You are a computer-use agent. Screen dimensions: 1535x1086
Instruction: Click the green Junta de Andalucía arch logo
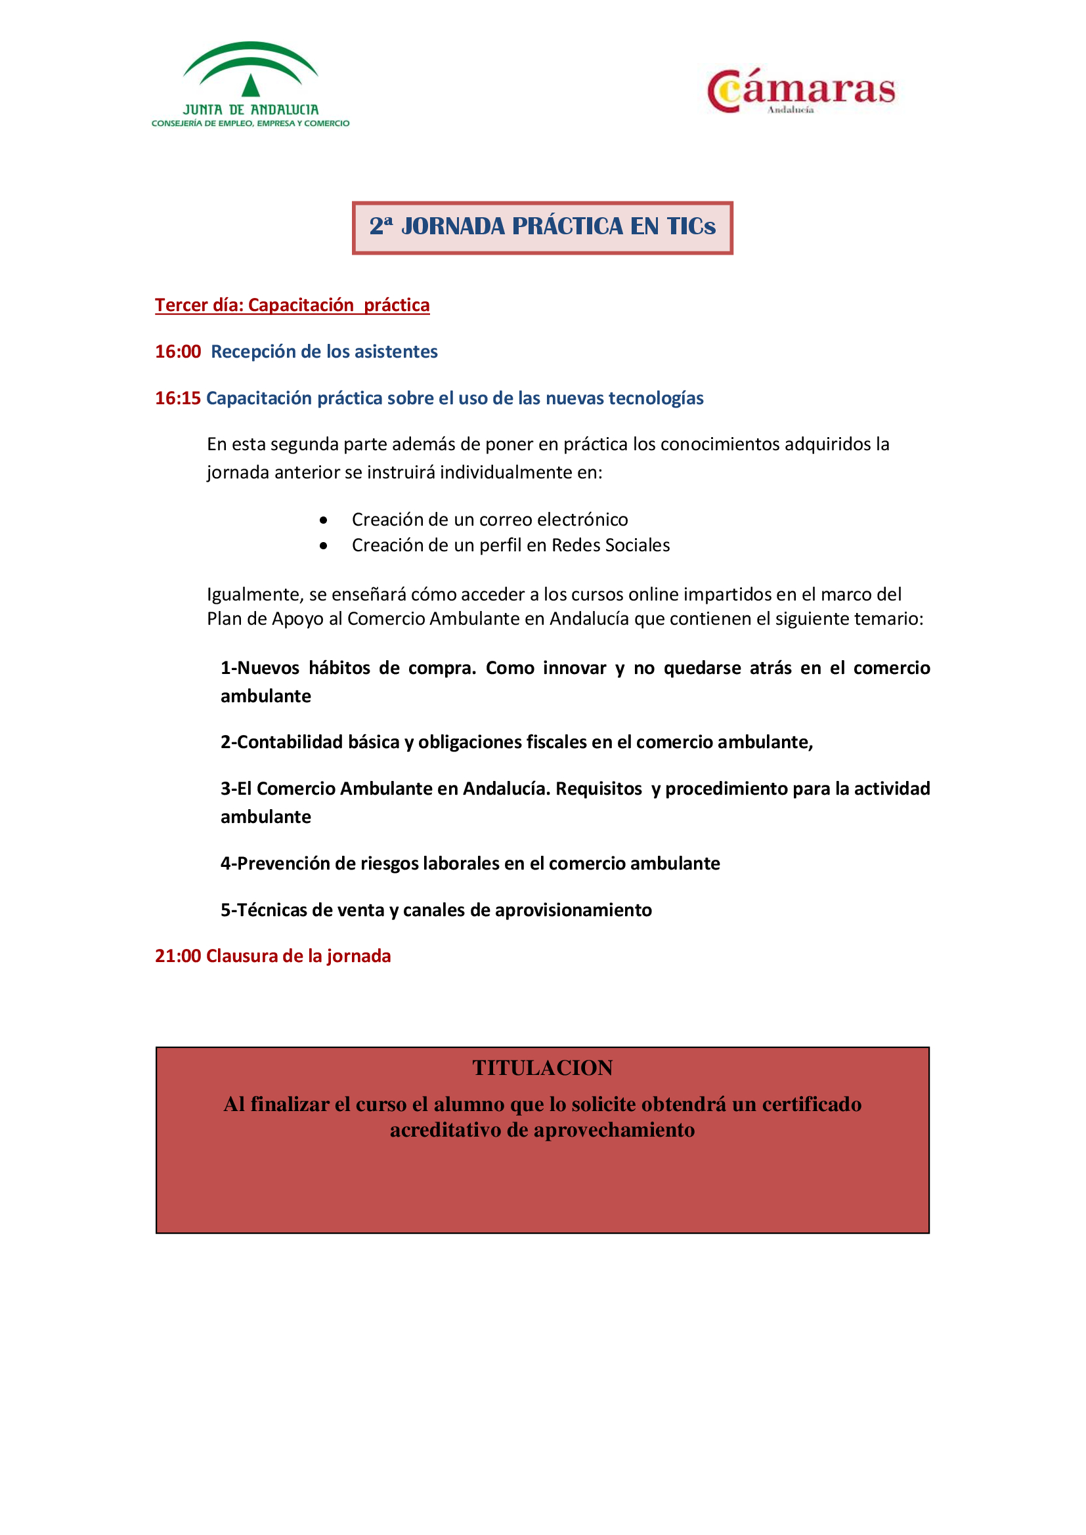pyautogui.click(x=250, y=70)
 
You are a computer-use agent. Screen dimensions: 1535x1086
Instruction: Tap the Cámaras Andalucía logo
pyautogui.click(x=800, y=91)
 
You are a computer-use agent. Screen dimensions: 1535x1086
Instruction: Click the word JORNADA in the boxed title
pyautogui.click(x=453, y=226)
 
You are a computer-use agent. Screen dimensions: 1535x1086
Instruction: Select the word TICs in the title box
pyautogui.click(x=691, y=226)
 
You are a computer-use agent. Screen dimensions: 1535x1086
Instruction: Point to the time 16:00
pyautogui.click(x=178, y=352)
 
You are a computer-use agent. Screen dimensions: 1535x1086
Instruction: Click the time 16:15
pyautogui.click(x=178, y=398)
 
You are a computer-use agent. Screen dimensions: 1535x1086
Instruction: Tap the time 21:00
pyautogui.click(x=178, y=956)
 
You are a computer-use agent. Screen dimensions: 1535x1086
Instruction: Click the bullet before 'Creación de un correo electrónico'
pyautogui.click(x=324, y=520)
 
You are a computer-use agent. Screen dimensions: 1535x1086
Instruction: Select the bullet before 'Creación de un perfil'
pyautogui.click(x=324, y=546)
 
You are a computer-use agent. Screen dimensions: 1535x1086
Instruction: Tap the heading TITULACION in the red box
pyautogui.click(x=542, y=1068)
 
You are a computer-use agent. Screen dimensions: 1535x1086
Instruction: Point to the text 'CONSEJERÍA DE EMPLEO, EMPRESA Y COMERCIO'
pyautogui.click(x=250, y=123)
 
